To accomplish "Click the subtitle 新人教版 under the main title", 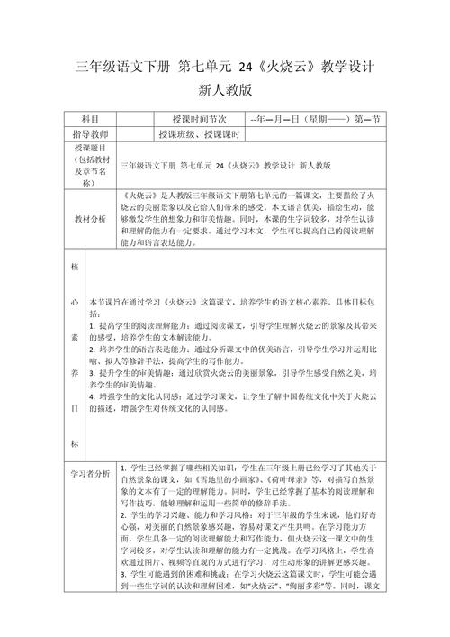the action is tap(225, 90).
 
